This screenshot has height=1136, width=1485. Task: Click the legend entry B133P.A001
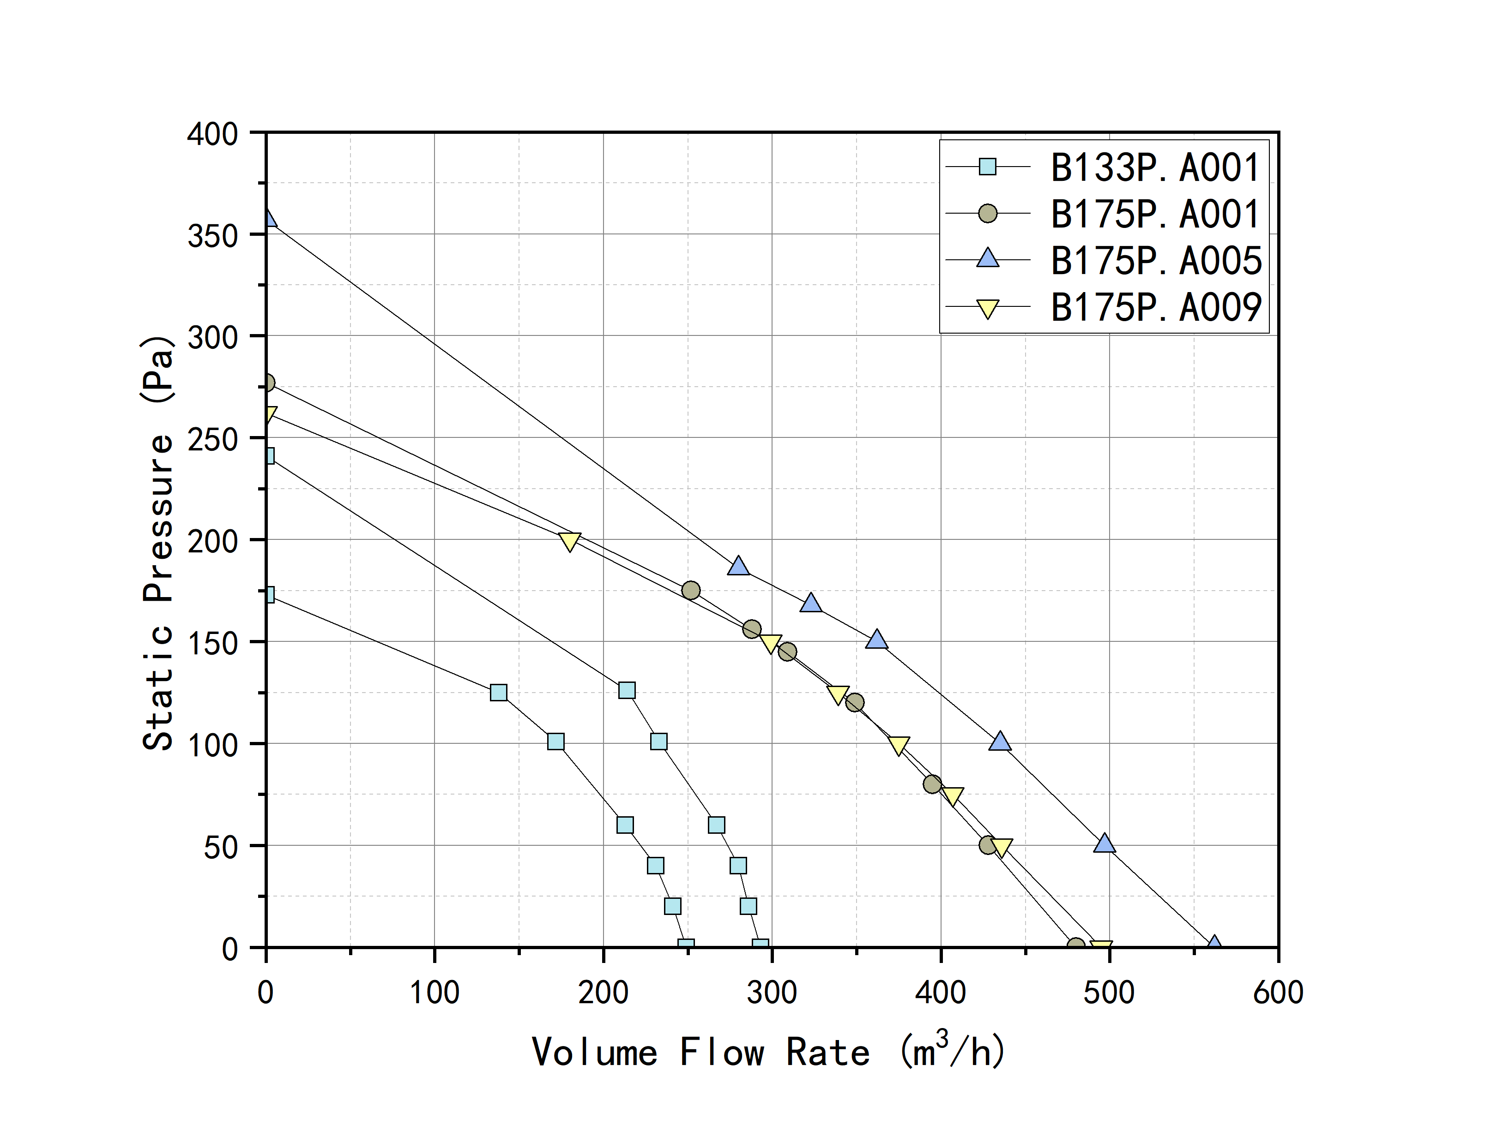pos(1154,167)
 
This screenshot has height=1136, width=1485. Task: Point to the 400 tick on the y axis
pos(212,134)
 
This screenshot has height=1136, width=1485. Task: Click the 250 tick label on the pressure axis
pos(212,440)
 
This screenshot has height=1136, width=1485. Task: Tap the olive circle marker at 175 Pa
pos(691,590)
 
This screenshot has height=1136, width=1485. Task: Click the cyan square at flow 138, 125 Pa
pos(499,693)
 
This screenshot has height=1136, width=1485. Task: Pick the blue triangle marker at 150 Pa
pos(877,640)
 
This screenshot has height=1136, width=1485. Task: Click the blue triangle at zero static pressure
pos(1214,944)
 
